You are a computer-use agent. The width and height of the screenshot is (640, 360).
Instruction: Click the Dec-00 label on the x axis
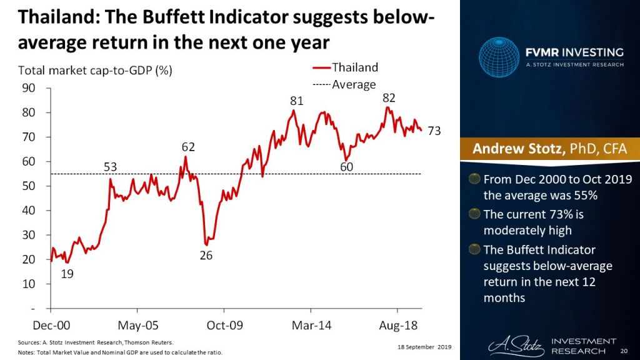51,325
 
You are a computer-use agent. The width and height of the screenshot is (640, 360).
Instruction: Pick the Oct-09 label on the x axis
224,325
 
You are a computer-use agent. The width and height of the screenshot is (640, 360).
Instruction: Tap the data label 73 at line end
434,131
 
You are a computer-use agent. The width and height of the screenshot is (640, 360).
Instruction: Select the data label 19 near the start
67,273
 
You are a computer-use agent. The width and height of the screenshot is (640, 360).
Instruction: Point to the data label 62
188,147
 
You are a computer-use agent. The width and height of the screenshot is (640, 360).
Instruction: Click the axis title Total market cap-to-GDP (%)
94,70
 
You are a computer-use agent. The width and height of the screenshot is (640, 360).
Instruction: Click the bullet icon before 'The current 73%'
475,215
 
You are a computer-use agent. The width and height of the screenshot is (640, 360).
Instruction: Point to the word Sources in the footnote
28,343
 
